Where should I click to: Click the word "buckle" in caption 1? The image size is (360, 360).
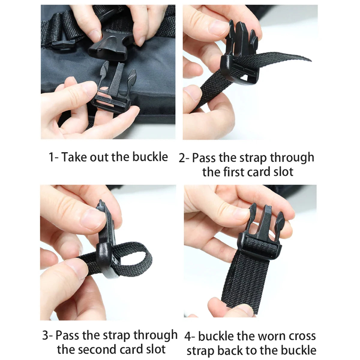(x=150, y=157)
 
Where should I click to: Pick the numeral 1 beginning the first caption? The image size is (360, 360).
(x=51, y=157)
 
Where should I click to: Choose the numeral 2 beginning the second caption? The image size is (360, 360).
(x=182, y=158)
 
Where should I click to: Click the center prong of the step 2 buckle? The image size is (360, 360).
(x=242, y=38)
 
